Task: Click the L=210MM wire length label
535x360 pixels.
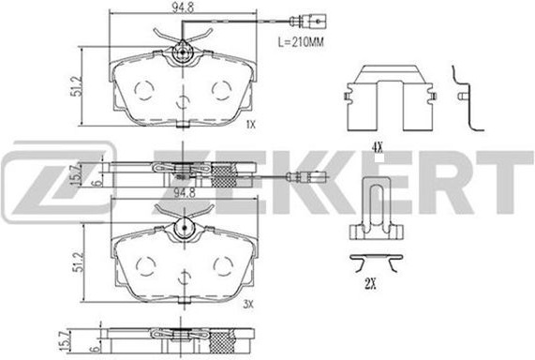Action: (x=300, y=42)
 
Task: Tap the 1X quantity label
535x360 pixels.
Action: (x=250, y=125)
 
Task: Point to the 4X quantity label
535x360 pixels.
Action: (x=377, y=148)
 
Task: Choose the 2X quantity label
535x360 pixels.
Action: (x=370, y=283)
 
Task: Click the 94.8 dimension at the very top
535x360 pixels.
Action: (x=183, y=7)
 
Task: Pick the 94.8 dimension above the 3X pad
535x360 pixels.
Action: (x=185, y=193)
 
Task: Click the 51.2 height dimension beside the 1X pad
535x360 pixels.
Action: (x=77, y=86)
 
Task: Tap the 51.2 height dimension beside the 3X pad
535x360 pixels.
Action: (x=78, y=262)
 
